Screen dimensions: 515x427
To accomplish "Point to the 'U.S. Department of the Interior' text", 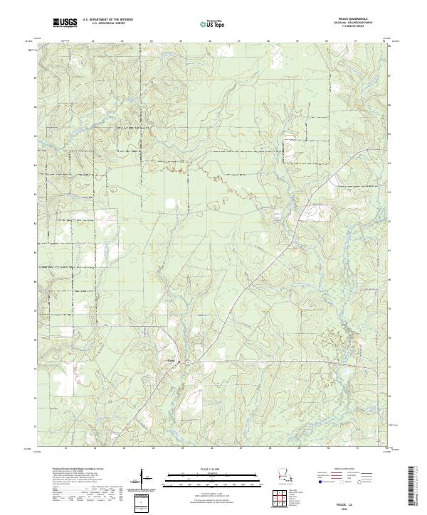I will coord(107,20).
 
